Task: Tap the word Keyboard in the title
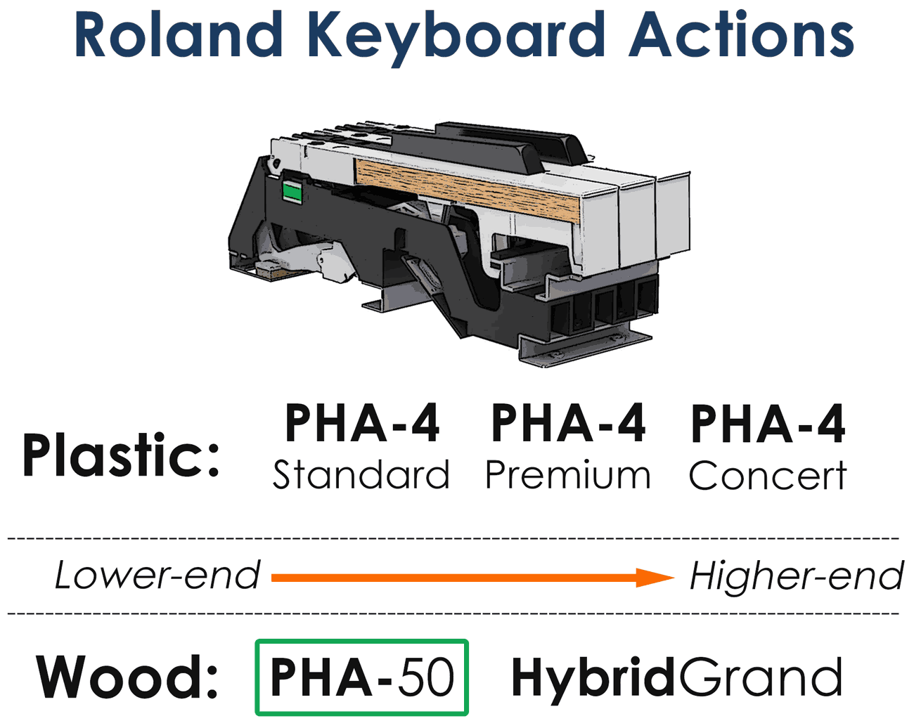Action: [456, 38]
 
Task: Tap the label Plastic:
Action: [121, 455]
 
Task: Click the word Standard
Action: [361, 475]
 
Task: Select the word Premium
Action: [568, 475]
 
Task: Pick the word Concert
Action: [768, 475]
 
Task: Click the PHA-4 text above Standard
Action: [362, 423]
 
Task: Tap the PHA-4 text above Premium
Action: [568, 423]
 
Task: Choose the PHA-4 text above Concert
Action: [768, 423]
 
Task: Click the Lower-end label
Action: [157, 575]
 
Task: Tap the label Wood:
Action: [127, 677]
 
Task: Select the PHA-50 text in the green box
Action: [362, 677]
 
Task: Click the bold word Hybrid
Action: [593, 680]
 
